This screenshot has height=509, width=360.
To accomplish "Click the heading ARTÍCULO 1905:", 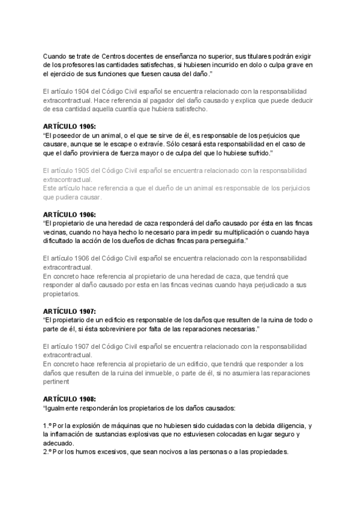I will [x=70, y=127].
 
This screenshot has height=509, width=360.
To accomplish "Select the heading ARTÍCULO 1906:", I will [x=70, y=214].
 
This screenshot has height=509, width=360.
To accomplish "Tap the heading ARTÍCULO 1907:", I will [x=70, y=311].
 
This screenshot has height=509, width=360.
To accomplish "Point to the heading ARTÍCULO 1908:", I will [x=70, y=399].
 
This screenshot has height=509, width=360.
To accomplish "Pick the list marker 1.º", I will [x=49, y=426].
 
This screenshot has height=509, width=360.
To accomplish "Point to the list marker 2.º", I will [x=49, y=452].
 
